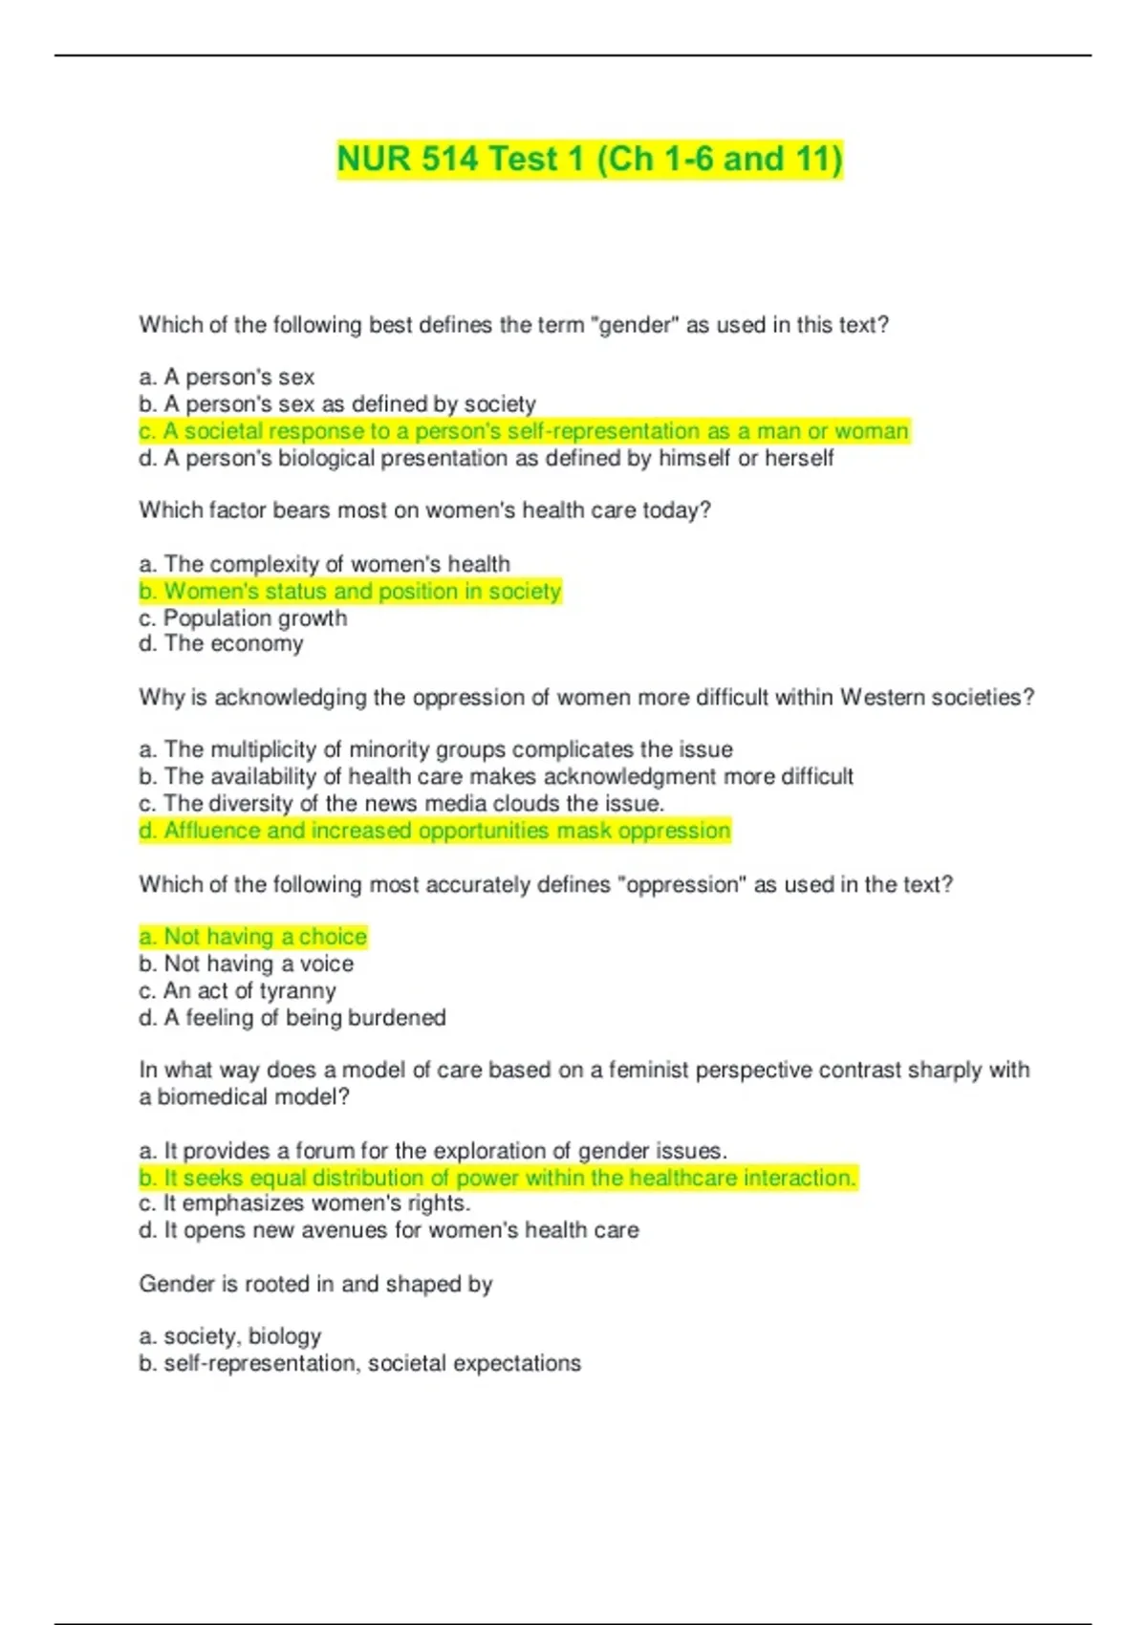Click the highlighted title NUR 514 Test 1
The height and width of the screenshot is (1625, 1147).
pos(590,159)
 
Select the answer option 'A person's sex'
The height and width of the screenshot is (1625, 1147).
pos(227,378)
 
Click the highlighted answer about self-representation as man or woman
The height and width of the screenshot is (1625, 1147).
pos(524,431)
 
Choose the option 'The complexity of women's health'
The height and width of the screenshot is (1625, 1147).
pos(324,564)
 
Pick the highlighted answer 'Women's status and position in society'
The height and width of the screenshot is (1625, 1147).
pos(350,592)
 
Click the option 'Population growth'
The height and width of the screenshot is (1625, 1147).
pos(243,618)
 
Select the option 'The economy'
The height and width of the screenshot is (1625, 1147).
pos(221,644)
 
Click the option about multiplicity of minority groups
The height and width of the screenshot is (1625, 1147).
pos(436,749)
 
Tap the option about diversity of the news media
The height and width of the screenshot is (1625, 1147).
pos(401,804)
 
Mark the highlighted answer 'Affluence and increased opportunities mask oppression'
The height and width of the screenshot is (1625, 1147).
pos(435,831)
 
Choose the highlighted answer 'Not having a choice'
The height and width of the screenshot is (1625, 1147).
pos(253,937)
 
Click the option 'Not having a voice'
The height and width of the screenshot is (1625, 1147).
pos(247,964)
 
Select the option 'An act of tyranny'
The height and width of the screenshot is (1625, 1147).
pos(237,991)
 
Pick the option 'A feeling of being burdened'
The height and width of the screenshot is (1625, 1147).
pos(292,1018)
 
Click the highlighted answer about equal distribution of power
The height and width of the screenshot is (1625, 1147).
pos(498,1178)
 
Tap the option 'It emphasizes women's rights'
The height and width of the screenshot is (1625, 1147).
pos(305,1203)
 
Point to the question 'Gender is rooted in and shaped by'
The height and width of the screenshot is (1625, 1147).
pos(315,1284)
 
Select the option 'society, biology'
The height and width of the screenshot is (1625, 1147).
pos(229,1336)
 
